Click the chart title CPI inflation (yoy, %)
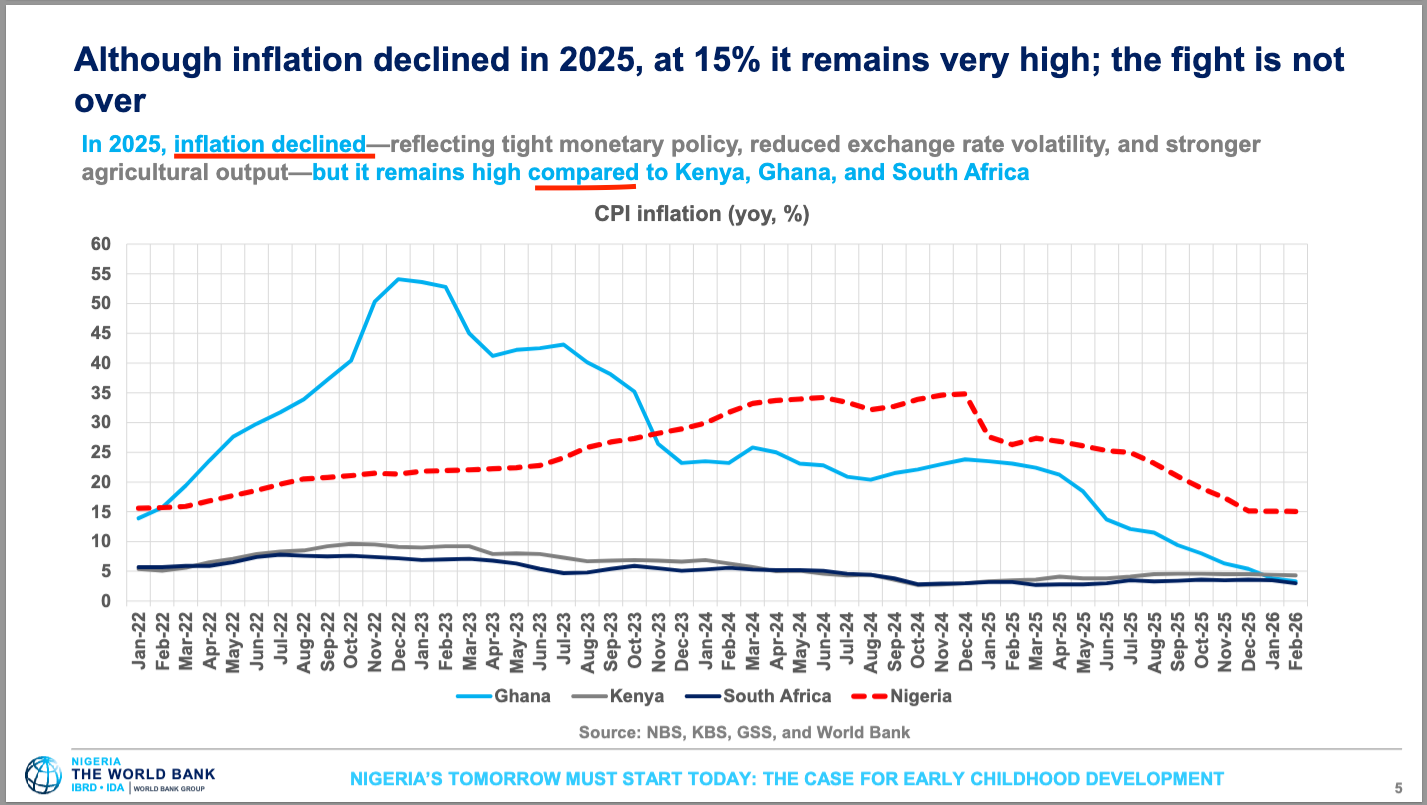pyautogui.click(x=701, y=214)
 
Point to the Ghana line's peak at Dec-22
pyautogui.click(x=398, y=279)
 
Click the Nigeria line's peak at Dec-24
pyautogui.click(x=964, y=393)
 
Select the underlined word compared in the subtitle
pyautogui.click(x=583, y=172)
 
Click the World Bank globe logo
pyautogui.click(x=43, y=776)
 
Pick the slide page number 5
pyautogui.click(x=1397, y=786)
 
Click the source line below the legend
pyautogui.click(x=744, y=732)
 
